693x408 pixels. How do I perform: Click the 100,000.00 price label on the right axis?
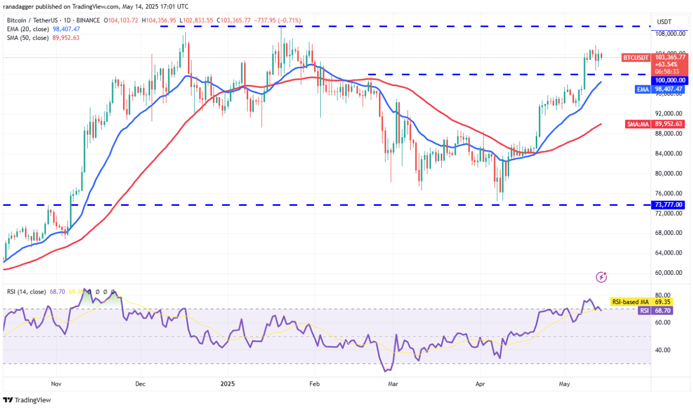point(671,81)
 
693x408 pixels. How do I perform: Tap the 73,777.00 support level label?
point(671,205)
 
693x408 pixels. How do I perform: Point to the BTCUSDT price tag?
point(636,57)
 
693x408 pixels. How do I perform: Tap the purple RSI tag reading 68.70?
point(644,310)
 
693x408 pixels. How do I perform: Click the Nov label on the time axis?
point(57,384)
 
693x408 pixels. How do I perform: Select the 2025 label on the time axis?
point(228,384)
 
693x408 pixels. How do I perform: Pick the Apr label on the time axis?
point(480,384)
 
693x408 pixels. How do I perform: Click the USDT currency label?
point(664,21)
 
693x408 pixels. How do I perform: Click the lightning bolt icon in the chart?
point(602,277)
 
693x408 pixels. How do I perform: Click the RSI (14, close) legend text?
point(26,292)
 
